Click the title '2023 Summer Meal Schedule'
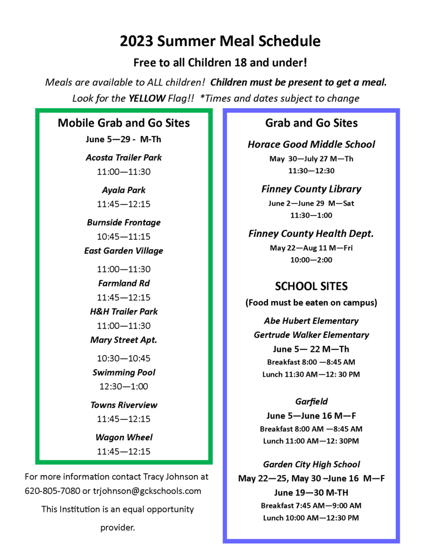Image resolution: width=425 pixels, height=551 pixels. click(220, 41)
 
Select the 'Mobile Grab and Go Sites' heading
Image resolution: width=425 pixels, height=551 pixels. click(124, 123)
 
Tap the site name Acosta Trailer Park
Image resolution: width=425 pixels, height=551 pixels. click(124, 158)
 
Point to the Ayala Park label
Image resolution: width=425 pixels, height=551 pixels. click(124, 190)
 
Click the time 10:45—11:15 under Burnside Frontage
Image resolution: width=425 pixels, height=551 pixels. click(124, 236)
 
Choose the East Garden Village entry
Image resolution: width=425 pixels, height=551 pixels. click(124, 251)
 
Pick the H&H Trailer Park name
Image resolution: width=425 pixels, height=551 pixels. click(124, 312)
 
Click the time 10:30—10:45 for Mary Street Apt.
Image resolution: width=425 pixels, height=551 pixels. click(124, 358)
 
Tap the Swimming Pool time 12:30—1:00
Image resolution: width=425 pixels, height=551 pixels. click(124, 386)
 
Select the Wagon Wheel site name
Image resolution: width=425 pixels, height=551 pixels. click(124, 437)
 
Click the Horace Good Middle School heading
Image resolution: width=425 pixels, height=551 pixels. click(311, 144)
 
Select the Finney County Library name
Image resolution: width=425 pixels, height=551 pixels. click(311, 189)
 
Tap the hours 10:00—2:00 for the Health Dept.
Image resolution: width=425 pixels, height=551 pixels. click(311, 260)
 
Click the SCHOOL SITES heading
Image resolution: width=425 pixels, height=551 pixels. click(311, 286)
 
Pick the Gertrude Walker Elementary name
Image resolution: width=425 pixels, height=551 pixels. click(311, 335)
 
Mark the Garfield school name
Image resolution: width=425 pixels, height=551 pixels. click(311, 401)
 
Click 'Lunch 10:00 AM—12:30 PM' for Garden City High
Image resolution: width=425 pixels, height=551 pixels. click(311, 518)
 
